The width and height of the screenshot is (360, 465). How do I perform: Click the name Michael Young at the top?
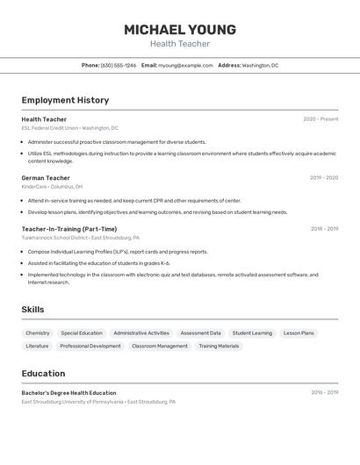click(179, 29)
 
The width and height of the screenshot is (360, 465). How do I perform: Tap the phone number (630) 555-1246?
click(118, 65)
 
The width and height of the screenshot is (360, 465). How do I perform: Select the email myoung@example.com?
click(185, 65)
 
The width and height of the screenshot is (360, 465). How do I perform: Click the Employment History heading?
click(65, 100)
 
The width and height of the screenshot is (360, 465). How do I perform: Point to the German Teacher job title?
click(46, 178)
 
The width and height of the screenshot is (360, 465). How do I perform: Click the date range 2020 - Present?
click(320, 119)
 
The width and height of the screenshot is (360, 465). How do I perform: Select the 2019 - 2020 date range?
click(324, 178)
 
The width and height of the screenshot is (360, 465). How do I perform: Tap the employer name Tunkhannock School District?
click(54, 238)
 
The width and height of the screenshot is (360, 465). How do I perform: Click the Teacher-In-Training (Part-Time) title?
click(68, 229)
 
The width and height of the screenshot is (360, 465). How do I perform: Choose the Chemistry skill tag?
click(38, 333)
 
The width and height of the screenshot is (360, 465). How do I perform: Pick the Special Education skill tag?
click(82, 333)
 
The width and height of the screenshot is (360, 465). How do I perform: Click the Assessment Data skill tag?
click(200, 333)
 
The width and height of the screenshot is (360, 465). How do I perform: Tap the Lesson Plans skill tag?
click(299, 333)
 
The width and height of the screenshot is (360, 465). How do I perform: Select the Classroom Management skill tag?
click(160, 346)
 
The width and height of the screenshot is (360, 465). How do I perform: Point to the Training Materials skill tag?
click(219, 346)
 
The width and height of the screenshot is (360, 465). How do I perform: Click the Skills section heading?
click(32, 310)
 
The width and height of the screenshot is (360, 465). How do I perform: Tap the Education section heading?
click(43, 373)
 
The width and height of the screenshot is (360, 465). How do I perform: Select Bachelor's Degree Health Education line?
click(68, 393)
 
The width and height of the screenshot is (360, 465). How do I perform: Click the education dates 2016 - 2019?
click(324, 393)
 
